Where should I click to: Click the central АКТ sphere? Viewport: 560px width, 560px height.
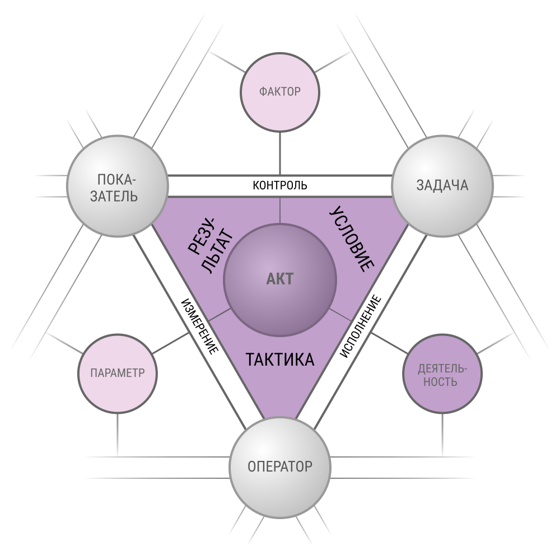click(x=280, y=280)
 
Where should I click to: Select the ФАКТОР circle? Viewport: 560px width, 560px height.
click(x=280, y=92)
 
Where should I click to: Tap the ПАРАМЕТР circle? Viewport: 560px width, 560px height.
click(x=118, y=373)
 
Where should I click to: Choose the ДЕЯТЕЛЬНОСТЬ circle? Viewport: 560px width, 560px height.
click(x=442, y=374)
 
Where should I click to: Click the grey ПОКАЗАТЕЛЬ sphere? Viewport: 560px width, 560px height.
click(x=118, y=186)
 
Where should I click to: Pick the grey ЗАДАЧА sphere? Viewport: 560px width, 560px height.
click(x=442, y=186)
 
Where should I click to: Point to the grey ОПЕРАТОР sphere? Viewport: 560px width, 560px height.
click(x=280, y=467)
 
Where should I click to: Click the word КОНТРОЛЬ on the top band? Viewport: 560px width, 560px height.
click(x=280, y=185)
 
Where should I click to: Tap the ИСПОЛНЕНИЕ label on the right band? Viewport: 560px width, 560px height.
click(x=360, y=326)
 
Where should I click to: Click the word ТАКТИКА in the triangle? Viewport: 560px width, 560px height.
click(x=280, y=360)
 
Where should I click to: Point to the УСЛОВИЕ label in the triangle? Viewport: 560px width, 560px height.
click(x=352, y=239)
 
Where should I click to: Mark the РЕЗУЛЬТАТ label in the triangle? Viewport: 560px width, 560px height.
click(x=211, y=245)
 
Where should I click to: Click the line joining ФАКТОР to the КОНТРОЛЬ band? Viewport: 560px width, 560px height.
click(x=280, y=154)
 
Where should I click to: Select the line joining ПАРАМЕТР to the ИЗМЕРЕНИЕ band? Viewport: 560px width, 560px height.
click(x=171, y=343)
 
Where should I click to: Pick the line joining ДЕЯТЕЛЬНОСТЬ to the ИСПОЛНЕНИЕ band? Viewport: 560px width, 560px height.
click(x=389, y=343)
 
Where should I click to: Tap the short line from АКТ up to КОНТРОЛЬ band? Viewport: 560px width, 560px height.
click(x=280, y=211)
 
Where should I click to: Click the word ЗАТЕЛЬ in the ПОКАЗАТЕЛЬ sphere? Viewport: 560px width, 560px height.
click(x=114, y=197)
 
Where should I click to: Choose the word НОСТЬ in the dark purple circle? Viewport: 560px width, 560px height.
click(x=440, y=381)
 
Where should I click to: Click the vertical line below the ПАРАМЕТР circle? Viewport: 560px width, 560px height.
click(x=118, y=435)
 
